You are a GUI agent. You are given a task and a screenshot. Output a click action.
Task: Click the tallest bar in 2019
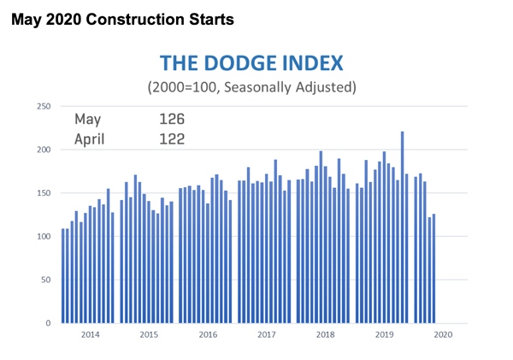(x=402, y=227)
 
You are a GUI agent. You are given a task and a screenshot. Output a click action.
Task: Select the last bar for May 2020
(x=433, y=269)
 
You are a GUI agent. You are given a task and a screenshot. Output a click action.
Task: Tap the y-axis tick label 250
(x=41, y=106)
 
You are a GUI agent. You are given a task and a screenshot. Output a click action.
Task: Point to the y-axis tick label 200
(x=41, y=150)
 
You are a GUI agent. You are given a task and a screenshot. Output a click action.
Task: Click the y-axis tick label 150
(x=41, y=193)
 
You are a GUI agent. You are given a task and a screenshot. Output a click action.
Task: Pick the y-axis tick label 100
(x=41, y=237)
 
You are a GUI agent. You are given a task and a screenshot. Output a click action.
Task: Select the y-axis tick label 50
(x=44, y=280)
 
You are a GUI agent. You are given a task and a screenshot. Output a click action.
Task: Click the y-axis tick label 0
(x=46, y=323)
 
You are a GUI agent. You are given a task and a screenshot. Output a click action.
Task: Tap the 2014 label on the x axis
(x=90, y=335)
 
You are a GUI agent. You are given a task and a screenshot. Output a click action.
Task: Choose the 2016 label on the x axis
(x=207, y=335)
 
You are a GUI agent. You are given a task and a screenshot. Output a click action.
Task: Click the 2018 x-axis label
(x=325, y=335)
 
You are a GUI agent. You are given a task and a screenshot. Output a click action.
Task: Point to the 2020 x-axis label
(x=442, y=335)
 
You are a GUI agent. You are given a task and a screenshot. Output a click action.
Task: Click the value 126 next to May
(x=171, y=119)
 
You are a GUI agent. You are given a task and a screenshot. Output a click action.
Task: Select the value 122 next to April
(x=171, y=137)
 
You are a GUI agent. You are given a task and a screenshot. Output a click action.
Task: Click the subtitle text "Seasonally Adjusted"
(x=292, y=87)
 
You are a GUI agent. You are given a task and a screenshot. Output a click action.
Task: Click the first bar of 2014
(x=64, y=276)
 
